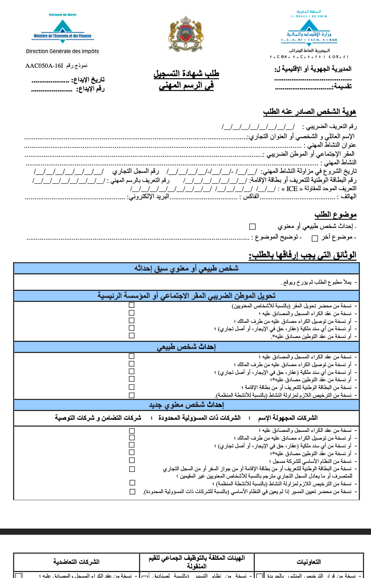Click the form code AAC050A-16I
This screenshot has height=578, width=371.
tap(44, 66)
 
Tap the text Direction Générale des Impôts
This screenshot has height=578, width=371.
tap(62, 51)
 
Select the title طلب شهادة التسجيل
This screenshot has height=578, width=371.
tap(186, 73)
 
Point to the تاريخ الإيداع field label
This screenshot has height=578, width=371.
tap(88, 80)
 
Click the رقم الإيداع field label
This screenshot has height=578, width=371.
tap(90, 89)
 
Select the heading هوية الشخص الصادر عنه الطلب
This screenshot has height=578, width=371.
tap(309, 111)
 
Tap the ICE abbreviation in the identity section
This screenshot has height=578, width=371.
tap(292, 189)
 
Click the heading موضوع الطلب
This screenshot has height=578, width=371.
tap(335, 215)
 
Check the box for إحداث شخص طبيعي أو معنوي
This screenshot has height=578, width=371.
tap(252, 227)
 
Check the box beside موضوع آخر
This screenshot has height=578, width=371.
tap(315, 238)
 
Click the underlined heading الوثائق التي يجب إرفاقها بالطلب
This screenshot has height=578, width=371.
tap(303, 256)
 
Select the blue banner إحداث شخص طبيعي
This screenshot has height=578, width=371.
tap(186, 347)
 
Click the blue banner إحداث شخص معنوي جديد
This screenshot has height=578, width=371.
tap(186, 405)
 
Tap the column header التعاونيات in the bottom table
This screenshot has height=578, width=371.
tap(309, 562)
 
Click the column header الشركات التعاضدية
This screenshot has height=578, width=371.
tap(76, 562)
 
